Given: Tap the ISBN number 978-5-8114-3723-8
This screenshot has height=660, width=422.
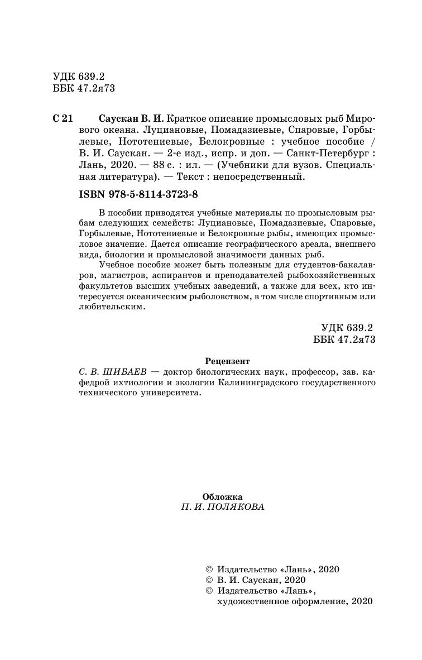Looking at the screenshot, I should click(156, 194).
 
